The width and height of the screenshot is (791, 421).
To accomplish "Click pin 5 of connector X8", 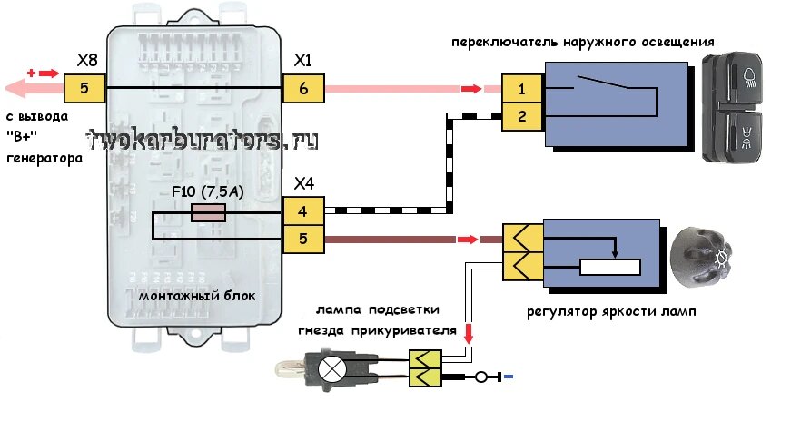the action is [84, 88].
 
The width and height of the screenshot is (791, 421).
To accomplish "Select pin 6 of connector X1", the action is [303, 88].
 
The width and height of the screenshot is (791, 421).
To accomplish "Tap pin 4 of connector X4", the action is [302, 210].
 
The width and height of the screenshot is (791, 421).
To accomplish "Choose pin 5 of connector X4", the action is [302, 239].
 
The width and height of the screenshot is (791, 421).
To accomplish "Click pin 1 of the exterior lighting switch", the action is [522, 89].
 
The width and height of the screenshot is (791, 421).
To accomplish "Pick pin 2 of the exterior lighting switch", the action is [522, 117].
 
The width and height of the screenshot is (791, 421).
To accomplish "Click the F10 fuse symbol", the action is [208, 213].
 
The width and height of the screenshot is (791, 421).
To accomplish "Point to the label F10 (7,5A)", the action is [208, 192].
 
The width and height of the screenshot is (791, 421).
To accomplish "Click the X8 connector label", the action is [87, 61].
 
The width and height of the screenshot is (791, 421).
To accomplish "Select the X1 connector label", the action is [302, 61].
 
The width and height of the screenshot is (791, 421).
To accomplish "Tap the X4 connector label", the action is [303, 184].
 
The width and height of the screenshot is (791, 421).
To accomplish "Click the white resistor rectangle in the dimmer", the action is [610, 268].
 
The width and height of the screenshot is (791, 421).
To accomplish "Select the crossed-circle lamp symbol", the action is [332, 370].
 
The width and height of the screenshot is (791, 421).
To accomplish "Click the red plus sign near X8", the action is [31, 73].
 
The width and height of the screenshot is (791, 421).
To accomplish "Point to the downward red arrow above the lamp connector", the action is [469, 334].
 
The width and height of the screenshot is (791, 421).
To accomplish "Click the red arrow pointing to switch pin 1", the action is [471, 89].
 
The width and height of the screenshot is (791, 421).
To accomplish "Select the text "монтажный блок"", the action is [197, 296].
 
